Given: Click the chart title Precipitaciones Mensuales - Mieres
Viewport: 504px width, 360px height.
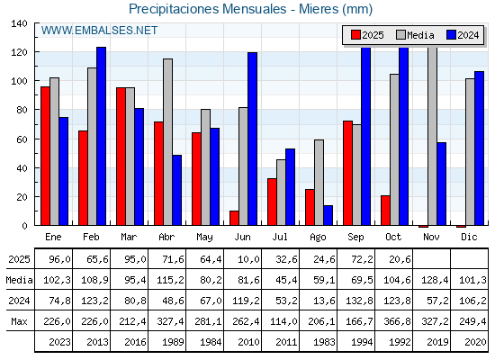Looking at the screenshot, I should pyautogui.click(x=250, y=10).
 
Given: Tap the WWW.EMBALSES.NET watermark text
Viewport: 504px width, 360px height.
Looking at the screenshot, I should pyautogui.click(x=99, y=31).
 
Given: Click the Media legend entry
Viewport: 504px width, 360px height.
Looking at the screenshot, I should pyautogui.click(x=414, y=35).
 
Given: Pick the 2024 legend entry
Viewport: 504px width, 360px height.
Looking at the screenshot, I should pyautogui.click(x=462, y=35).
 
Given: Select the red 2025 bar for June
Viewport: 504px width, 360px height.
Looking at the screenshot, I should pyautogui.click(x=235, y=218).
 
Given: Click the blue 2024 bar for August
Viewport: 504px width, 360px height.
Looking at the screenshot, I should pyautogui.click(x=328, y=215).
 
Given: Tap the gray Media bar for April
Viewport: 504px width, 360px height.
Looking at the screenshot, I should pyautogui.click(x=167, y=142).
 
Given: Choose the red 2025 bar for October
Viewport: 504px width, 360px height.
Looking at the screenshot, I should pyautogui.click(x=385, y=210).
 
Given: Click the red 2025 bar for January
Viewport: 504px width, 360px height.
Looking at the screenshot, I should pyautogui.click(x=45, y=156).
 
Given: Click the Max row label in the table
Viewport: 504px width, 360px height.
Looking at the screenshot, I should pyautogui.click(x=17, y=321).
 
